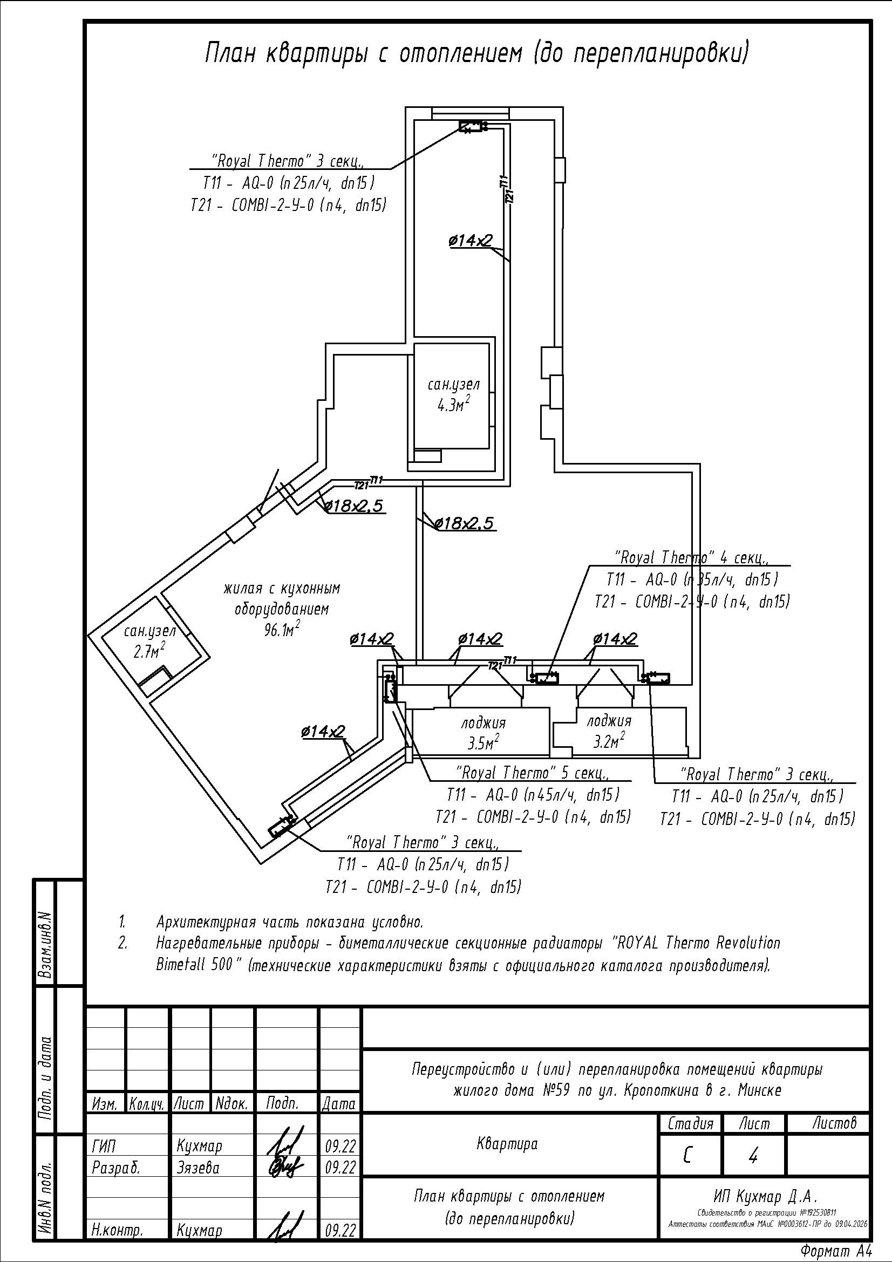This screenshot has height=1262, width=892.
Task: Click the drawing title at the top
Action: [x=477, y=54]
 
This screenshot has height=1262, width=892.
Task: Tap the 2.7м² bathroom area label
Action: [x=149, y=652]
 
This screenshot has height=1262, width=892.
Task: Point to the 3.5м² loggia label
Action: [x=483, y=743]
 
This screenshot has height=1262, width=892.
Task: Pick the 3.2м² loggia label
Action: [x=609, y=742]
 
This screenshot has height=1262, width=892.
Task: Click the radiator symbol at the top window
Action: [x=471, y=127]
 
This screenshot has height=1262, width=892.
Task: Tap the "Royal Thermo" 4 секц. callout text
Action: [x=691, y=558]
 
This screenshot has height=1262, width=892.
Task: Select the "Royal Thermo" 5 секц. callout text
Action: [x=533, y=773]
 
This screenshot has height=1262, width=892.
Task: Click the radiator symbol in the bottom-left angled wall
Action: [x=280, y=827]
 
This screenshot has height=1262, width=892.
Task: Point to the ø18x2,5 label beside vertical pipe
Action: [x=466, y=523]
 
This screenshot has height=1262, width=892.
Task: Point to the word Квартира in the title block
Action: [x=507, y=1144]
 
